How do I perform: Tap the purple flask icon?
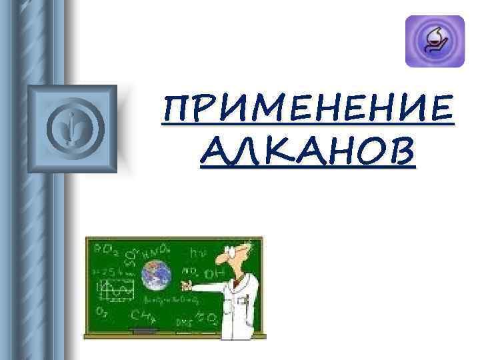click(434, 41)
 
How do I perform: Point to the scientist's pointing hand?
click(187, 287)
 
